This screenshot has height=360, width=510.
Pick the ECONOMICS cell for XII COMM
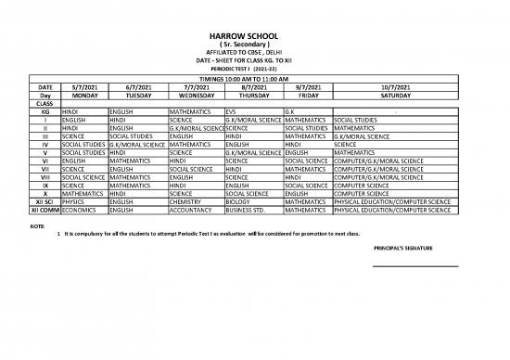80,209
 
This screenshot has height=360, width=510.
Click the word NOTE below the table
38,226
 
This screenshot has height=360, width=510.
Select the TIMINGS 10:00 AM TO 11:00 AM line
254,79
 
